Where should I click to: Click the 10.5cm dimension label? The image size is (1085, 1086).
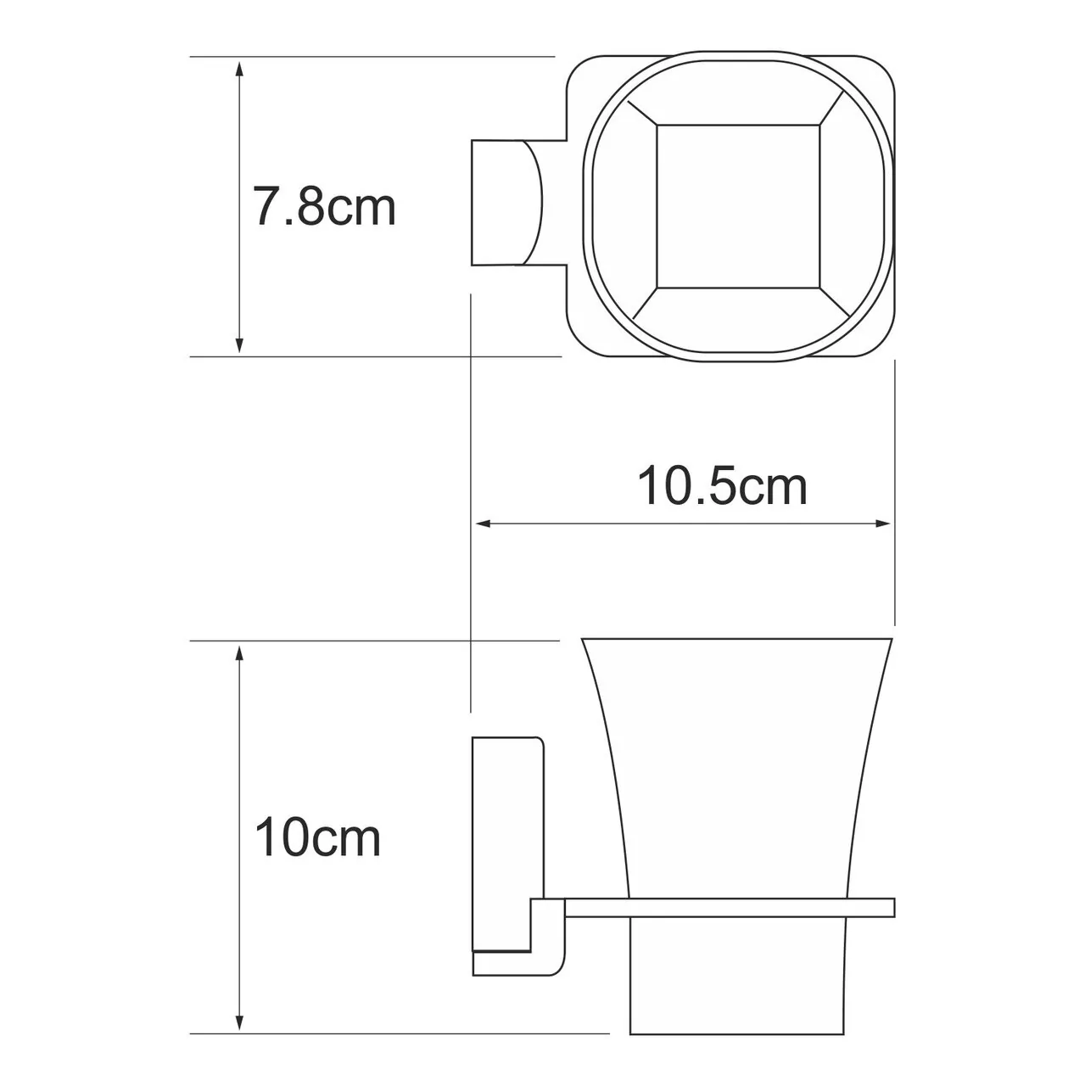722,487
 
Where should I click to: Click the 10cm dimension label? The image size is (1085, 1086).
318,838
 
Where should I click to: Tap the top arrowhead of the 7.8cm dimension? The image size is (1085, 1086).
240,67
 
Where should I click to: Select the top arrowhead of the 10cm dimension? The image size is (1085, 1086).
240,652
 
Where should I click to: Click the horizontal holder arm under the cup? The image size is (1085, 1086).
730,907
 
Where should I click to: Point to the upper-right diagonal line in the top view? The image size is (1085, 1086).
835,110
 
